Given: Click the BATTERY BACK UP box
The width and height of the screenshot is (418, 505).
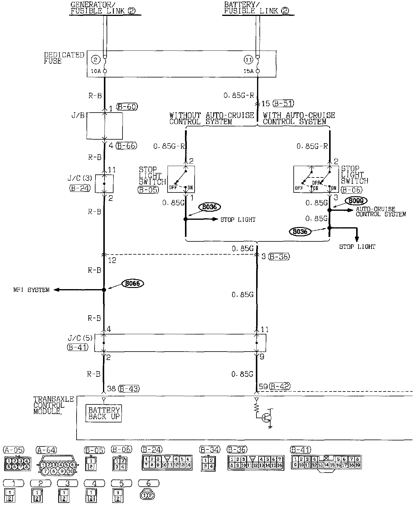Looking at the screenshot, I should tap(104, 413).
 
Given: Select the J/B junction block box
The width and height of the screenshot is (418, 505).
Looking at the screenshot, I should tap(104, 126).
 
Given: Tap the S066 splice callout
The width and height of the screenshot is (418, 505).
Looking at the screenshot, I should tap(133, 283).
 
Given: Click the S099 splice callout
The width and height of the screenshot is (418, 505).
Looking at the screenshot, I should tap(356, 201).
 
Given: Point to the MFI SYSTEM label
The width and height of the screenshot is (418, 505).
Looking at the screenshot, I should tap(31, 290).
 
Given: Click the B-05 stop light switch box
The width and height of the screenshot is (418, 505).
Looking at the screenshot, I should tap(181, 179).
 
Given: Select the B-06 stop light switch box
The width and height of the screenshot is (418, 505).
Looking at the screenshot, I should tap(316, 179).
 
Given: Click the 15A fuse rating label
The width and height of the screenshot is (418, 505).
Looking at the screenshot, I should tap(248, 71).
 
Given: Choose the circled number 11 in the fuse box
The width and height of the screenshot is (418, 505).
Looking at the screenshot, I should tap(248, 60).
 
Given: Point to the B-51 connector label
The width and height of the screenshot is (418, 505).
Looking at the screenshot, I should tap(283, 104).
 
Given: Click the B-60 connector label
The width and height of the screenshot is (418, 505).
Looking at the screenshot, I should tap(127, 107).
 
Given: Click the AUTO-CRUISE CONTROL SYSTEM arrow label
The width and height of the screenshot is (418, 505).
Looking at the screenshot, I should tap(380, 212).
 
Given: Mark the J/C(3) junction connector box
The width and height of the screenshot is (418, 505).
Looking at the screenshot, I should tap(104, 183).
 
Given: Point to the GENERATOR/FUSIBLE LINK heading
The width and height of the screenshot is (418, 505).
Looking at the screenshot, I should tap(103, 8).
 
